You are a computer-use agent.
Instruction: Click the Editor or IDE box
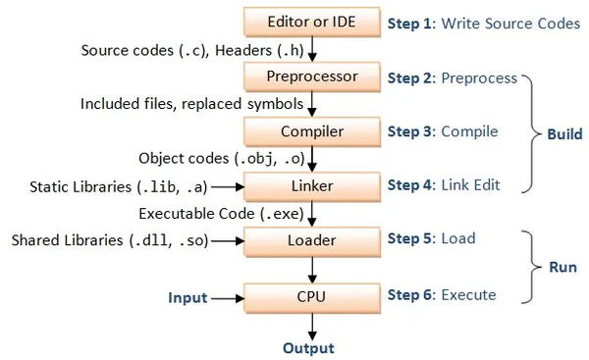[x=310, y=22]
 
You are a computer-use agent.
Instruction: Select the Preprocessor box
[x=310, y=76]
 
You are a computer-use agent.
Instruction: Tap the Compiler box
[x=310, y=130]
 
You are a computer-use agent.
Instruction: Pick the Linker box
[x=310, y=184]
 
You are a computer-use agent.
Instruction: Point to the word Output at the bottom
[x=308, y=348]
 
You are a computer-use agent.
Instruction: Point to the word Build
[x=563, y=133]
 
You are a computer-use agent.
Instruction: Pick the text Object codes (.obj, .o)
[x=219, y=157]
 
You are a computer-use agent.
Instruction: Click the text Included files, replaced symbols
[x=191, y=103]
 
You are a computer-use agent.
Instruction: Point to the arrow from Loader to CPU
[x=310, y=266]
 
